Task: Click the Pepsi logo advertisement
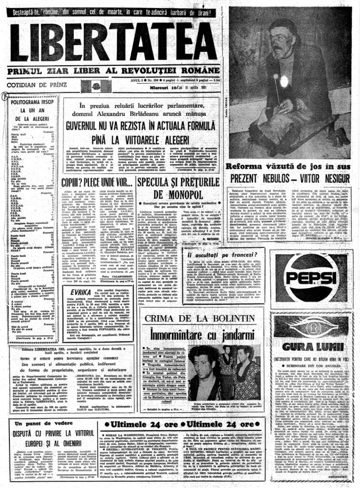(312, 277)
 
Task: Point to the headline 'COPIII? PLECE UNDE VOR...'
(97, 182)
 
